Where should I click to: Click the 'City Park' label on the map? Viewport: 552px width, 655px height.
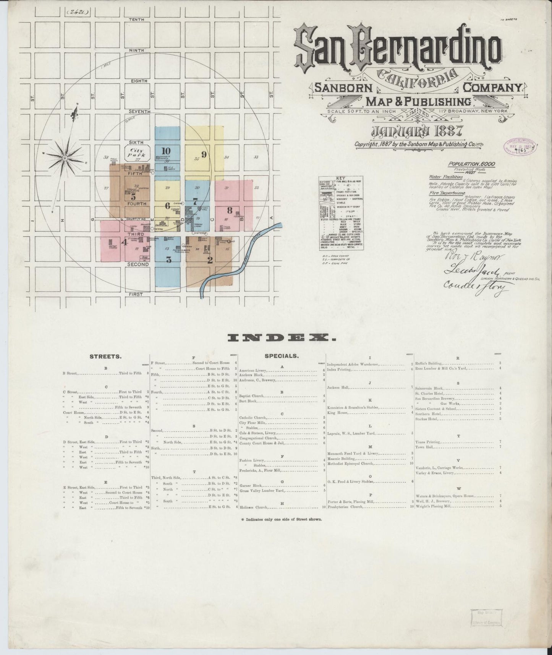(x=137, y=153)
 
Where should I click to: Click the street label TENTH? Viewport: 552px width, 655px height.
(x=136, y=19)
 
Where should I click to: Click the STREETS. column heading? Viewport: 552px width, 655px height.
(x=105, y=357)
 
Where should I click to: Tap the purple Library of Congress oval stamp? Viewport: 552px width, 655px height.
(x=520, y=147)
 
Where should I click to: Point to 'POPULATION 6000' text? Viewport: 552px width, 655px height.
(x=472, y=164)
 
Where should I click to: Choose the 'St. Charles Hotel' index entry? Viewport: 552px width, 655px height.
(x=429, y=393)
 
